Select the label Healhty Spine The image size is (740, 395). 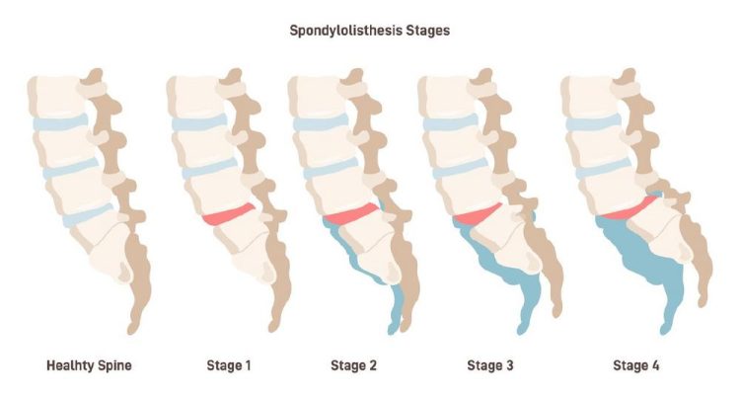(x=89, y=365)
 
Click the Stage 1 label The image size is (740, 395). (x=229, y=365)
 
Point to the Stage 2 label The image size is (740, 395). (x=354, y=365)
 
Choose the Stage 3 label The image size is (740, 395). (x=490, y=365)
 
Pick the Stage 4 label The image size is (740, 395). (x=636, y=365)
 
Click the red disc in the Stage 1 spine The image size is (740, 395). (x=229, y=214)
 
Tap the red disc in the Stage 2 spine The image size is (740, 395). (x=351, y=214)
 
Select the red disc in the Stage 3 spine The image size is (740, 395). (x=478, y=213)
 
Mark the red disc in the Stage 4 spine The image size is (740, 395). (x=629, y=208)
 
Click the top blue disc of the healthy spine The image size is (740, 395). (x=60, y=122)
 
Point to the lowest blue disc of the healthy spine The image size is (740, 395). (x=88, y=215)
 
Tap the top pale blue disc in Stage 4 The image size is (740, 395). (x=594, y=122)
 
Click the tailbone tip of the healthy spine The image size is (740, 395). (x=132, y=330)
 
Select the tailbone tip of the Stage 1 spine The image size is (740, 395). (x=272, y=327)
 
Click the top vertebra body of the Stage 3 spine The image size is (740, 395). (x=449, y=96)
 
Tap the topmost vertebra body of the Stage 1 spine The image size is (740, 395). (x=197, y=96)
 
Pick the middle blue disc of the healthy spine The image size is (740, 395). (x=71, y=169)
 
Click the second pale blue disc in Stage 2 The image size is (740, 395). (x=332, y=169)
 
